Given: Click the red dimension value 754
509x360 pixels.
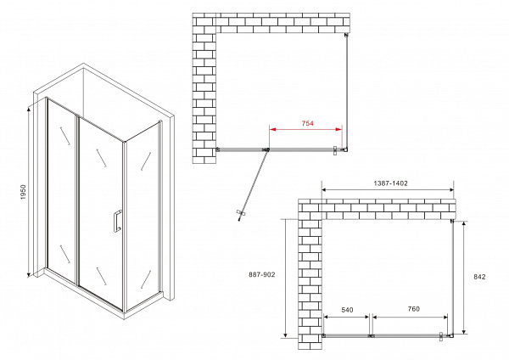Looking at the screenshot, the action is pos(307,123).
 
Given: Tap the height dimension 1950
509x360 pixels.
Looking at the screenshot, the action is pos(23,192).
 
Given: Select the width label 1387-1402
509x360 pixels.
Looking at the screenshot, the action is pos(390,183).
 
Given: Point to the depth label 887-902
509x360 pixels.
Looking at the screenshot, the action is pos(261,274).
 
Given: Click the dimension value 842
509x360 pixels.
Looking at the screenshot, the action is pos(479,277).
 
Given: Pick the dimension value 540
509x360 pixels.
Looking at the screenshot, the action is pos(347,310).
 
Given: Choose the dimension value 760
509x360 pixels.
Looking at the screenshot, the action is pos(414,309).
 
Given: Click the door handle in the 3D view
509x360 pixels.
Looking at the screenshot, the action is pos(118,221).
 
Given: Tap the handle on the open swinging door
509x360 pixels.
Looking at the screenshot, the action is pos(241,213).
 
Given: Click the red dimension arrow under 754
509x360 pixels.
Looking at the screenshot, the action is pos(305,129).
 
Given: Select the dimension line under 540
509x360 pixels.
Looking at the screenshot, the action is pos(346,317).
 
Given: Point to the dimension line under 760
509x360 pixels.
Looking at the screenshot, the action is pos(411,317).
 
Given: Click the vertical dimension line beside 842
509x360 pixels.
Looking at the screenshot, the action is pos(464,278).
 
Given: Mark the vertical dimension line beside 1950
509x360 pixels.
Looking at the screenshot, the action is pos(29,193).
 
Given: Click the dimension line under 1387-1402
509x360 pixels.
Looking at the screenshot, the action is pos(388,190).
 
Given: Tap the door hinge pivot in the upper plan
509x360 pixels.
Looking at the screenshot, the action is pos(268,149).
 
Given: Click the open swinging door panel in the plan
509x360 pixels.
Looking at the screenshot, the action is pos(254,186).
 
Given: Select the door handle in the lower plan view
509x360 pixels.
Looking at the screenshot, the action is pos(441,336).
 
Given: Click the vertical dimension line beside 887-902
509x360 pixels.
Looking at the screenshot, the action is pos(285,278).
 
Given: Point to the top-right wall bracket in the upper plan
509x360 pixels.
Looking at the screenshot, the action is pos(346,35).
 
